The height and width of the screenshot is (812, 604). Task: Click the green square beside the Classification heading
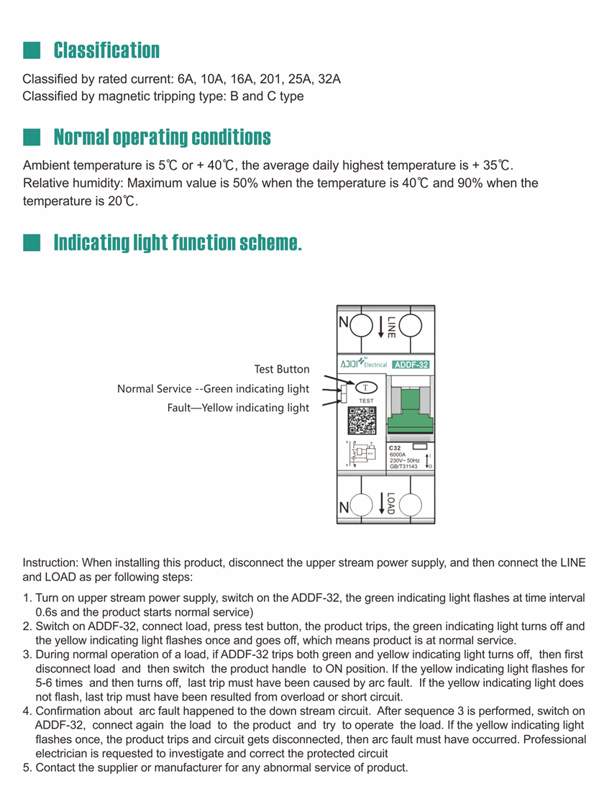pyautogui.click(x=32, y=50)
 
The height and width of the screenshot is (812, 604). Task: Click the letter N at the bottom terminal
pyautogui.click(x=344, y=508)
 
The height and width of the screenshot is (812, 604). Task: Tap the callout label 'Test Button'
pyautogui.click(x=282, y=369)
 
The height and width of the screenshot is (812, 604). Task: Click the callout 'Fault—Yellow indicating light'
pyautogui.click(x=238, y=408)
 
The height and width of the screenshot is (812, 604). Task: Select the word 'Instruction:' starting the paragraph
pyautogui.click(x=50, y=562)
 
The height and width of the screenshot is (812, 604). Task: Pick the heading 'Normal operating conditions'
pyautogui.click(x=163, y=137)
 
